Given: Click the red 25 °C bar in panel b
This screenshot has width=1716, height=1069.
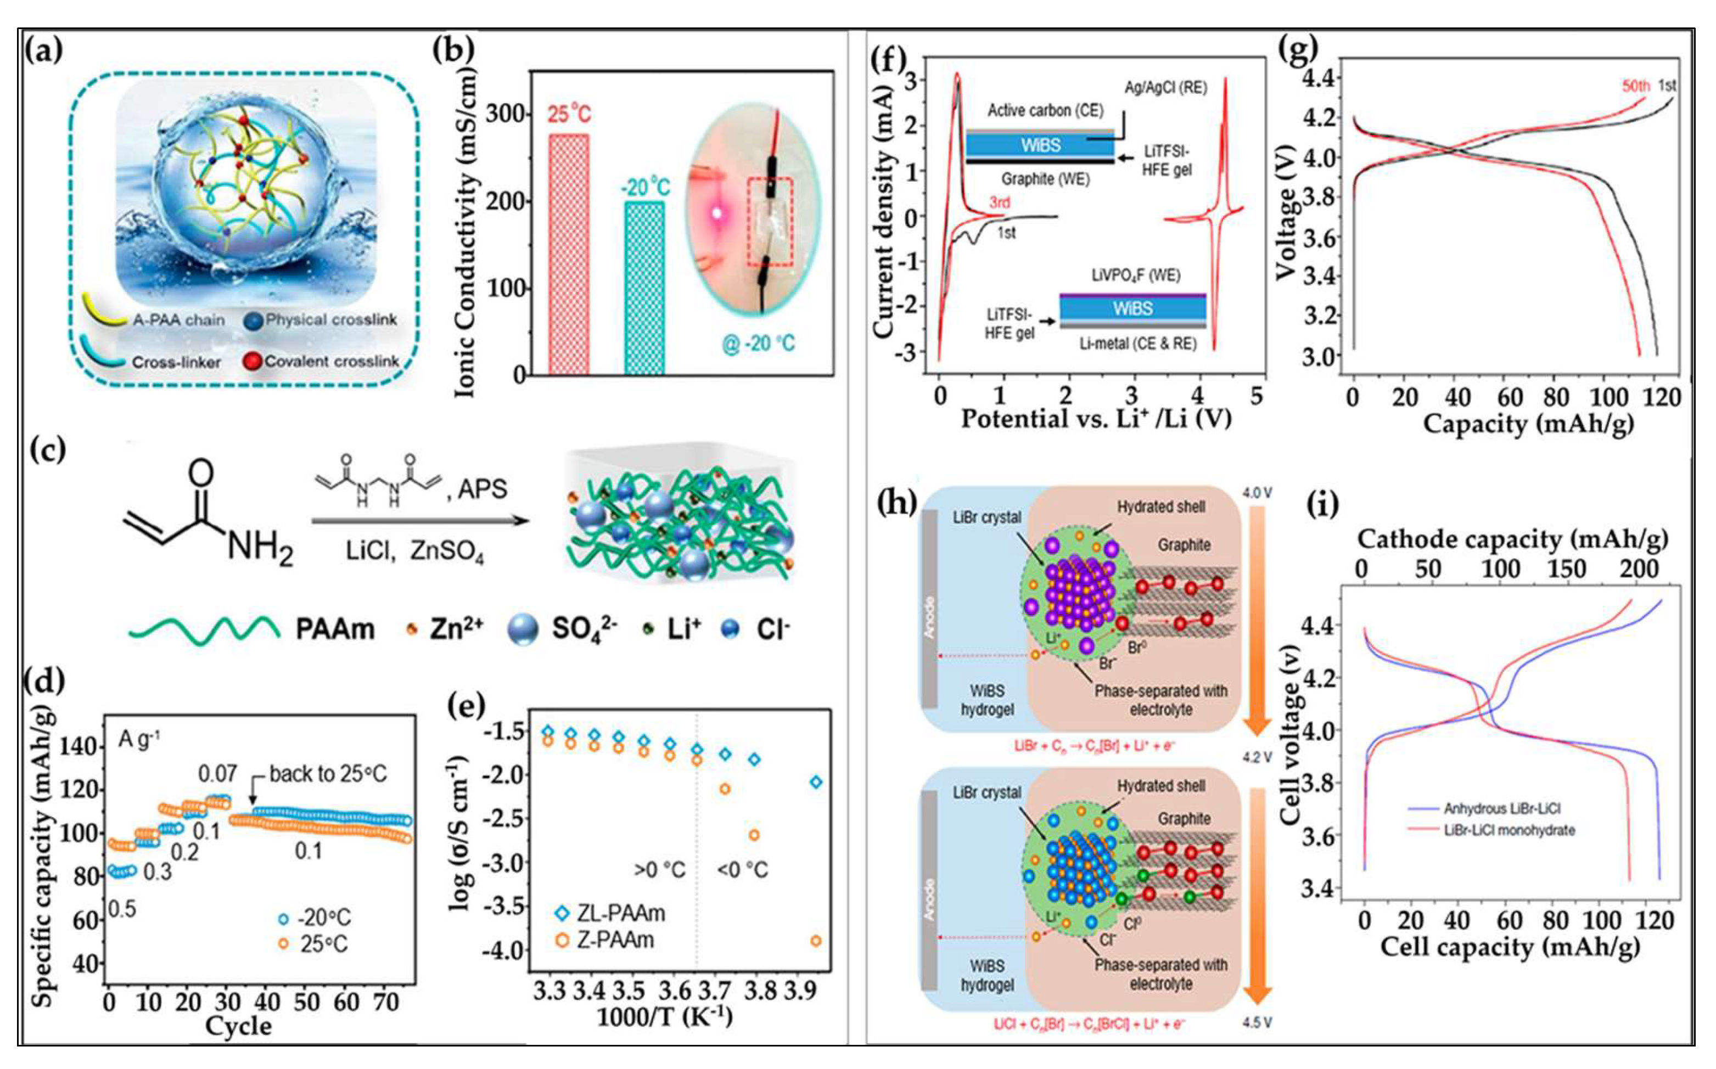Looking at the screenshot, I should click(x=569, y=255).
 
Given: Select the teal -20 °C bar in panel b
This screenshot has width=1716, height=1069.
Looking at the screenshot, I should click(x=644, y=289).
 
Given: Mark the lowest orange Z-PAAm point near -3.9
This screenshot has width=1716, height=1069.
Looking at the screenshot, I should click(x=816, y=941).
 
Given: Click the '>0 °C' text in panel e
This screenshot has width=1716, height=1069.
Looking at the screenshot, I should click(x=659, y=870).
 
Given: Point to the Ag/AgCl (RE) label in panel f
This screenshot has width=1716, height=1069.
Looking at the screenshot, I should click(x=1165, y=88).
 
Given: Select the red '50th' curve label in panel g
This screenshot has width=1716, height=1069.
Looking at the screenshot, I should click(x=1635, y=86).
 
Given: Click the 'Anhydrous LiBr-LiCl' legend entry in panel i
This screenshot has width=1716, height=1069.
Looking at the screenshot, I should click(x=1501, y=808).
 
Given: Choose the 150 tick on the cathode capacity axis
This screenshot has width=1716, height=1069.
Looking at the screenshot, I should click(x=1566, y=569).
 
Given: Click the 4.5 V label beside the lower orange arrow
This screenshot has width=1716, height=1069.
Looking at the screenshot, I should click(x=1257, y=1023).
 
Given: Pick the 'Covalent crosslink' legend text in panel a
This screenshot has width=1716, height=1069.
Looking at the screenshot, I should click(x=331, y=361).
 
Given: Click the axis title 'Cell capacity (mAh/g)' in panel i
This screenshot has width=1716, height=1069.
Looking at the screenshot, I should click(x=1510, y=947).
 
